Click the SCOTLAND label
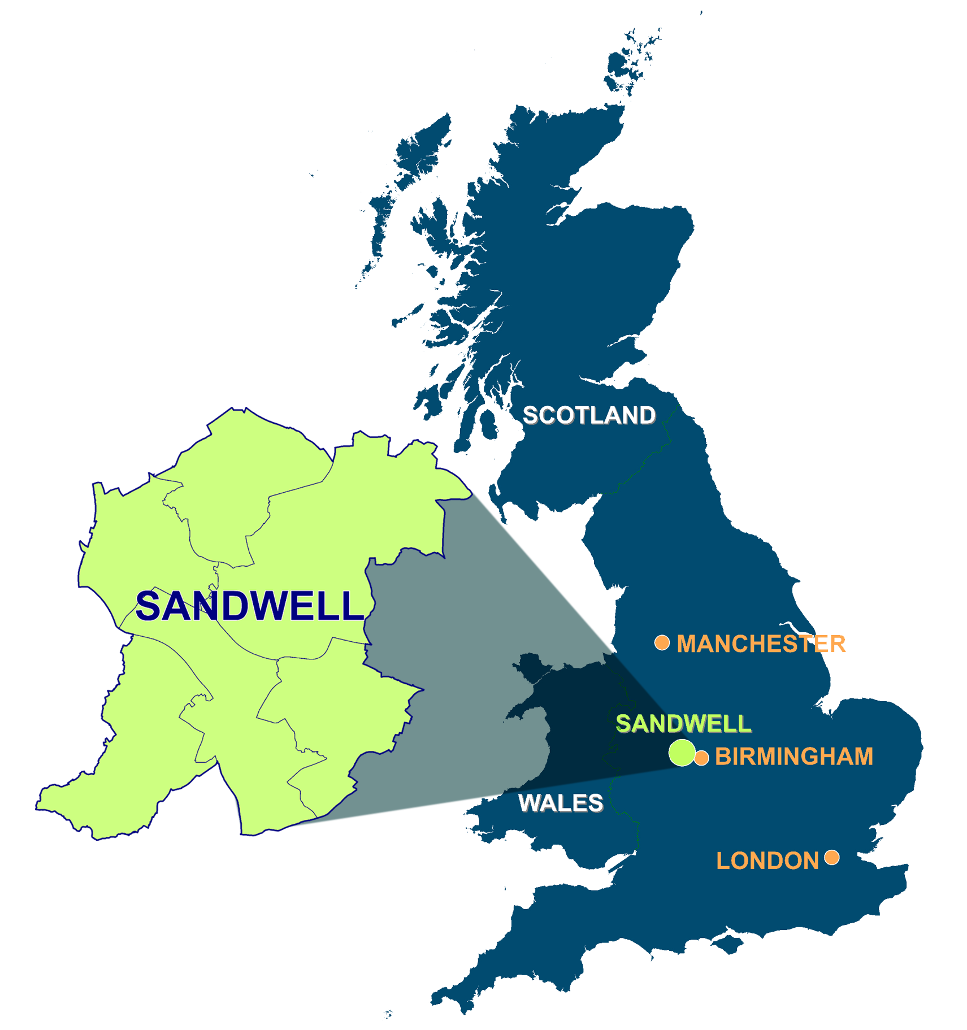point(589,415)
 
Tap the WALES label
point(561,803)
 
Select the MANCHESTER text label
point(761,644)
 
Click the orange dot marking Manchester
point(662,642)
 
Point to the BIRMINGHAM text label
point(793,757)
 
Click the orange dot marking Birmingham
point(701,758)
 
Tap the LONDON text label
point(767,860)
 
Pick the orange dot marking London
point(831,857)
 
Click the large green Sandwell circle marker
point(682,752)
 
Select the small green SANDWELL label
point(683,724)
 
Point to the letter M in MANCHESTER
point(687,644)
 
